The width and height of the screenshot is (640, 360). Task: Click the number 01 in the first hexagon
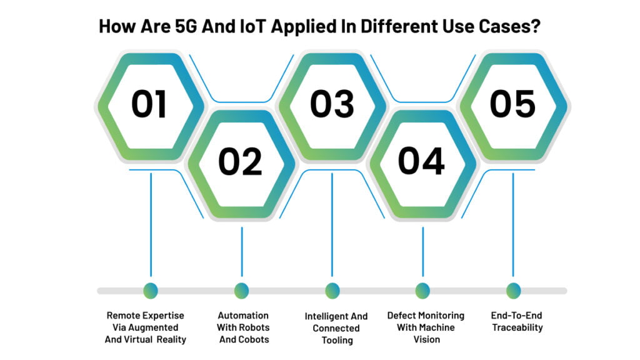coord(149,104)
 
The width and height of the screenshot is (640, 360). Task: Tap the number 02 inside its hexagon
coord(240,162)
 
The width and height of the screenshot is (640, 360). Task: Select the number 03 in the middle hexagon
coord(332,104)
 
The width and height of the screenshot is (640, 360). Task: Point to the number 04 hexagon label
coord(421,161)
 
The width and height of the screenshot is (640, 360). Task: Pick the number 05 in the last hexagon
coord(512,104)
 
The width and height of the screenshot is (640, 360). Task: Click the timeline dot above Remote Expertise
coord(151,291)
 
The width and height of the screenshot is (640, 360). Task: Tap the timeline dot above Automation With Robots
coord(242,291)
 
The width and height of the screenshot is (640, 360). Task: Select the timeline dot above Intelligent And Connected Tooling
coord(332,291)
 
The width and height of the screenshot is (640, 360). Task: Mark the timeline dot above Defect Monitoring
coord(422,291)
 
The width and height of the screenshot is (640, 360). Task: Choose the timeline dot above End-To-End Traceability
coord(514,291)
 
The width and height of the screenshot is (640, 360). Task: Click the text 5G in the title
coord(186,26)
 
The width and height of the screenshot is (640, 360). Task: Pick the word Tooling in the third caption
coord(337,341)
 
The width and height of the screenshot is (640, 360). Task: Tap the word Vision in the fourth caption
coord(426,339)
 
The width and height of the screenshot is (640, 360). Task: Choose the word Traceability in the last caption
coord(517,327)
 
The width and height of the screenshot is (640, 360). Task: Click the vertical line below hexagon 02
coord(242,252)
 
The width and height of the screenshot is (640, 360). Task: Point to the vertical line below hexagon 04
coord(423,252)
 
